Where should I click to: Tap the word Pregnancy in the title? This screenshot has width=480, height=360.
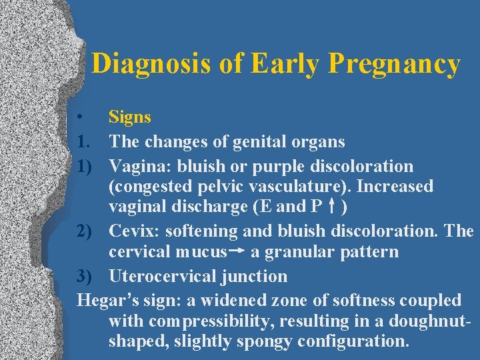click(395, 64)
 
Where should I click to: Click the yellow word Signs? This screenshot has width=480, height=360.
click(130, 117)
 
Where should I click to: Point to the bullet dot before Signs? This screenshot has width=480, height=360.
click(80, 118)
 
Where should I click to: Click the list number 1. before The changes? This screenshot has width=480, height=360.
click(84, 141)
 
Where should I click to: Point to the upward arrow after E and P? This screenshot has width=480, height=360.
click(331, 207)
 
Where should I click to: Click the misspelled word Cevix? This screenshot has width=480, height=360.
click(132, 231)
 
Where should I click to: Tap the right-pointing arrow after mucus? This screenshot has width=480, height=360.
click(237, 252)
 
